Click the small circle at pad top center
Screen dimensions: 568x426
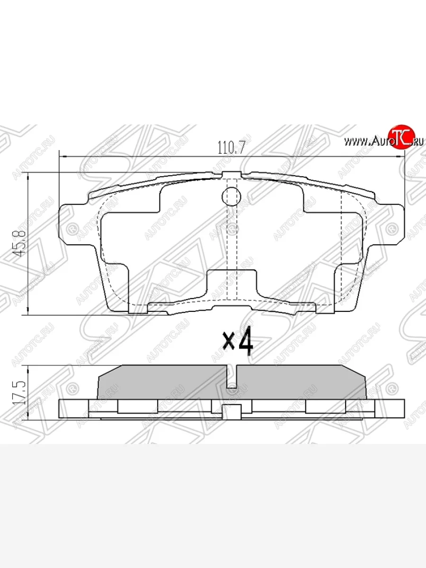pyautogui.click(x=231, y=195)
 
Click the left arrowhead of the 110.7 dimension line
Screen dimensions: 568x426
pyautogui.click(x=62, y=156)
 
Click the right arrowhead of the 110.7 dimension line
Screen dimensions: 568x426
pyautogui.click(x=402, y=156)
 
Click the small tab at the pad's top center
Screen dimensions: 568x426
pyautogui.click(x=231, y=174)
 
